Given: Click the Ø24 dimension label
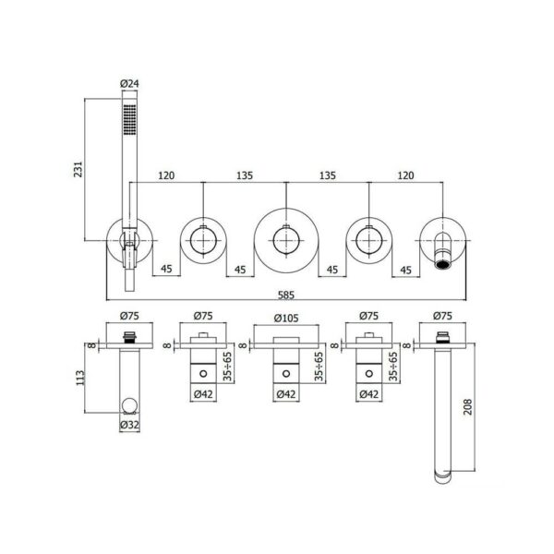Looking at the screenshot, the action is [129, 84].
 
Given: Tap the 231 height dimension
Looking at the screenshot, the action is [78, 169].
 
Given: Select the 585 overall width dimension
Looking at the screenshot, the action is [286, 295].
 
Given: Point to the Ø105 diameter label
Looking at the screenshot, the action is [286, 318].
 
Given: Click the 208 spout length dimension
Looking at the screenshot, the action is [467, 406].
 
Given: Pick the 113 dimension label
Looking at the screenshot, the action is [80, 378].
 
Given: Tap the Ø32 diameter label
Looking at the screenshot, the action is [129, 425].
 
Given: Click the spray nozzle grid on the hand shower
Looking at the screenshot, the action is [129, 119].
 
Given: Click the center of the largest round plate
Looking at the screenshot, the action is [286, 241].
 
